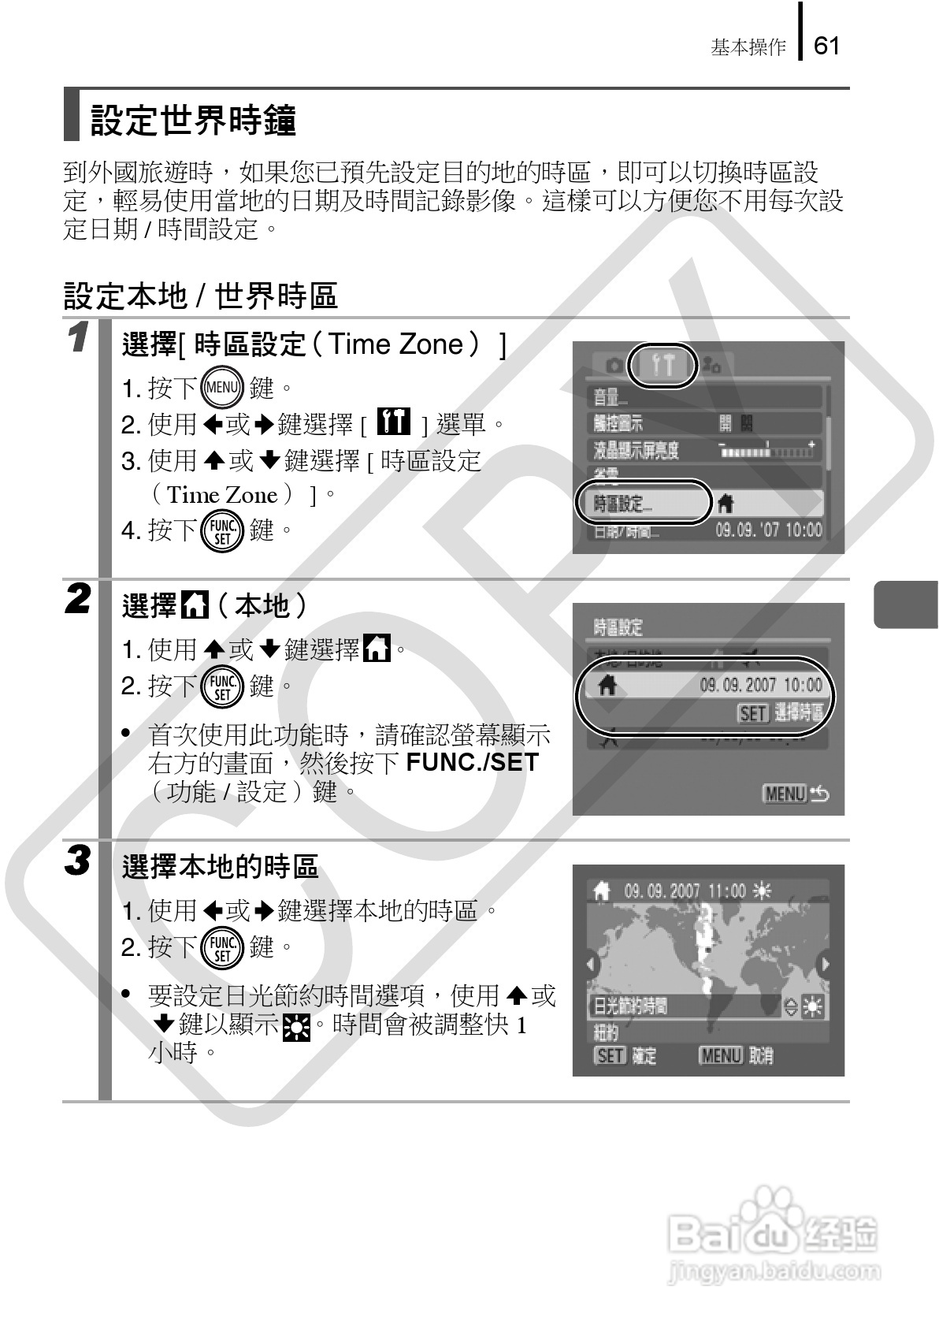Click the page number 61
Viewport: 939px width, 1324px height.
(x=826, y=46)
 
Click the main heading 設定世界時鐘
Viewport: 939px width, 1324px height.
(x=193, y=120)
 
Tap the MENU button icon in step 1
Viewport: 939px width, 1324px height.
(x=222, y=387)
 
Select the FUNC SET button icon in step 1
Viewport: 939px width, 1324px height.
(x=222, y=530)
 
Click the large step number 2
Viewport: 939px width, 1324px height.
(x=77, y=599)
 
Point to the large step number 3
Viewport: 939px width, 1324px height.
(x=77, y=860)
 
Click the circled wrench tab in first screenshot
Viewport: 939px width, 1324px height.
(x=664, y=366)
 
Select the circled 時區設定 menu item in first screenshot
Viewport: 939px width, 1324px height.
(x=642, y=503)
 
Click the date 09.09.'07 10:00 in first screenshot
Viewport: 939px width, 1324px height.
(x=768, y=530)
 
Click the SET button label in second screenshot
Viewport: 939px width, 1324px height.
(x=752, y=713)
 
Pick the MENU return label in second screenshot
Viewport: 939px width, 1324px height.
(x=795, y=794)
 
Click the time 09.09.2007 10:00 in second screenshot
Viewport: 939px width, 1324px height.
(x=760, y=685)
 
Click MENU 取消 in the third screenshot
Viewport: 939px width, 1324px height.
(x=735, y=1056)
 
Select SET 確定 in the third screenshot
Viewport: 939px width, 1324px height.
(x=625, y=1056)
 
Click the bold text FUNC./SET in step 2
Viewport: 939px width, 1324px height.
(x=472, y=762)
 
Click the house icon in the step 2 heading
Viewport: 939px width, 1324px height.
(x=195, y=606)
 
